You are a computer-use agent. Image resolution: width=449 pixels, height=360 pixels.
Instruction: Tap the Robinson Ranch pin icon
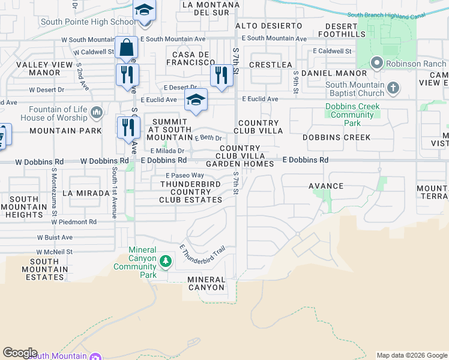(x=378, y=62)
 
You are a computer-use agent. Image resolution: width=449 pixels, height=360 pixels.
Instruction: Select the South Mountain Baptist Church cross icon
(x=393, y=89)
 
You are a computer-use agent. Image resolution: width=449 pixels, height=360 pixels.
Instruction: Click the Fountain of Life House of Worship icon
(x=96, y=113)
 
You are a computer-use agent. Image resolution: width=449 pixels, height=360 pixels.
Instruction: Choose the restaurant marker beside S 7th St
(x=221, y=76)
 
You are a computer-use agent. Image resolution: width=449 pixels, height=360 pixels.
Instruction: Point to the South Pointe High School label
(x=88, y=22)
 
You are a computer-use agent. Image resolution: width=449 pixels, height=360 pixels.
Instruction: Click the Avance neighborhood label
(x=326, y=186)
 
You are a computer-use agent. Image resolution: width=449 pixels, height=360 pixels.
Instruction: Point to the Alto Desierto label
(x=269, y=26)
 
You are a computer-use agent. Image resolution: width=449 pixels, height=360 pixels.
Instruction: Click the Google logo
(x=20, y=353)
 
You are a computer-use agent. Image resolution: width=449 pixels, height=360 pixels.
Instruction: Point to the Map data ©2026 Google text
(x=411, y=355)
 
